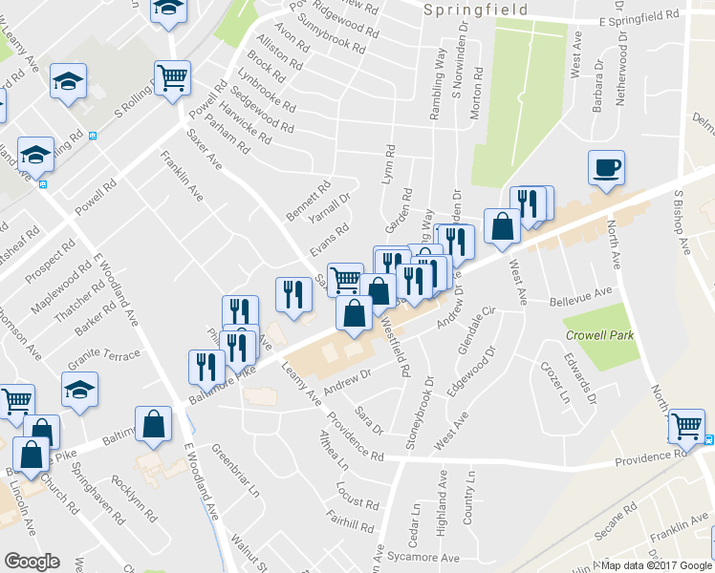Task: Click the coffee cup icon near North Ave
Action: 606,169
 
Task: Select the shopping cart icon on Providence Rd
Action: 686,426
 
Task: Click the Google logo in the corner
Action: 31,562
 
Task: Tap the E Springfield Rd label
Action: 639,17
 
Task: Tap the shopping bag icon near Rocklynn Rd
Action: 153,424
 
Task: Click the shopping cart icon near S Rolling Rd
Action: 172,79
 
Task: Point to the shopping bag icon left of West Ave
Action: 502,226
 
